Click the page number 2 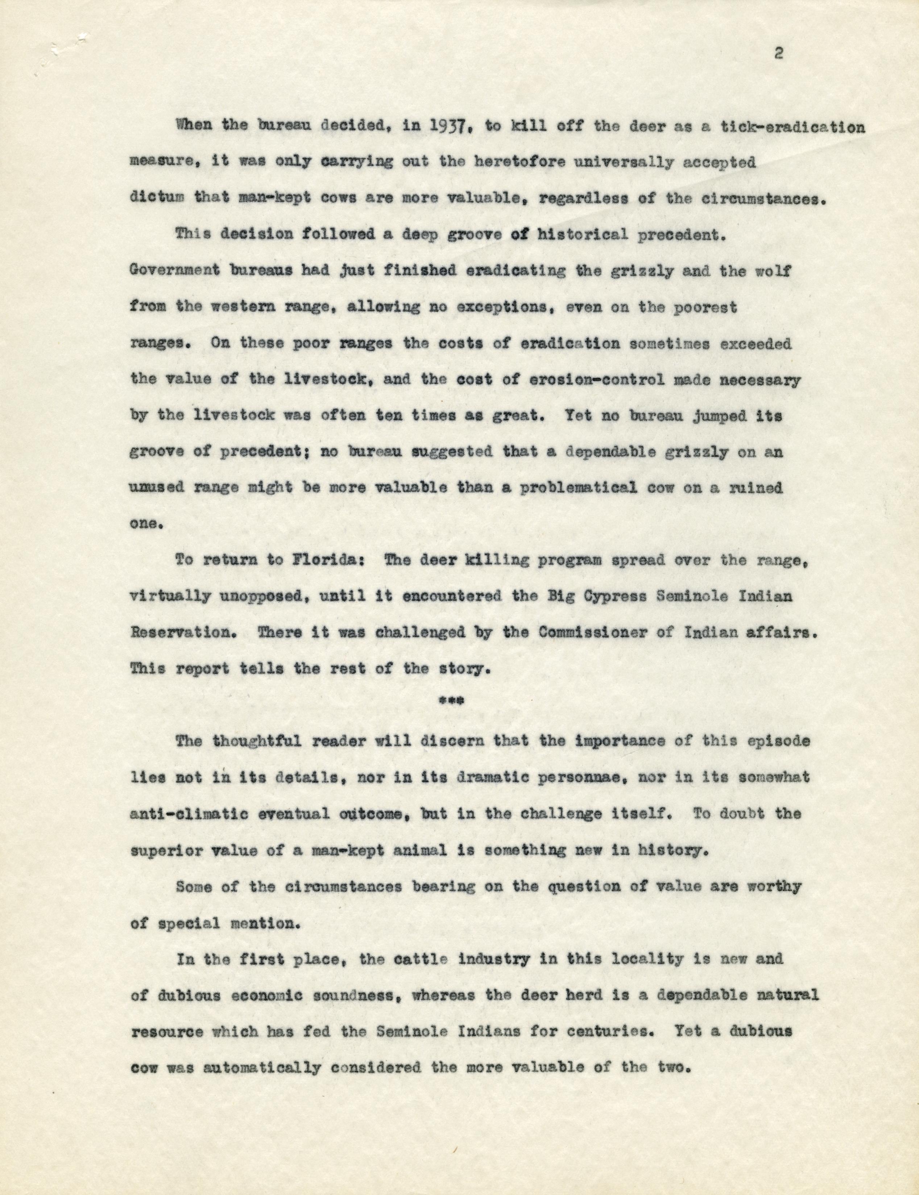click(x=779, y=54)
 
